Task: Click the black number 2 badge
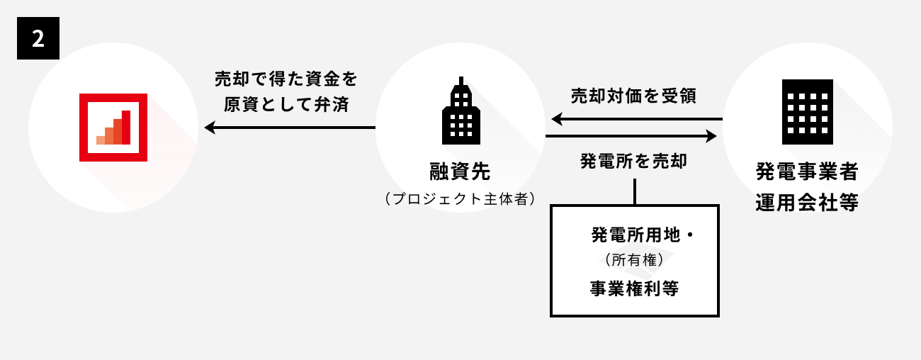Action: [38, 38]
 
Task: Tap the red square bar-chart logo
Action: [113, 128]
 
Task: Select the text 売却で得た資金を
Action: [287, 79]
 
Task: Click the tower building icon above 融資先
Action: [460, 111]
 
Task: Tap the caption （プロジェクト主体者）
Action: [460, 198]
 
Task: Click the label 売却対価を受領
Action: [633, 96]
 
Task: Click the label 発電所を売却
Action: [633, 160]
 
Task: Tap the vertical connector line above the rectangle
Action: [635, 191]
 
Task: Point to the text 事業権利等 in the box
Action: [634, 288]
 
